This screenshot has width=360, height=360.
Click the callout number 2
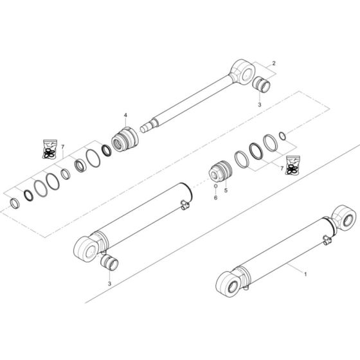274,63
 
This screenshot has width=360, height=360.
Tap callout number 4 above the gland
126,115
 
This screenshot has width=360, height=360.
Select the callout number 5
226,190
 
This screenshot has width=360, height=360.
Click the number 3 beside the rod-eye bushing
259,104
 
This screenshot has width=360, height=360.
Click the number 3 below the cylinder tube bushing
110,283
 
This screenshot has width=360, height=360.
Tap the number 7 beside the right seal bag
281,168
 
